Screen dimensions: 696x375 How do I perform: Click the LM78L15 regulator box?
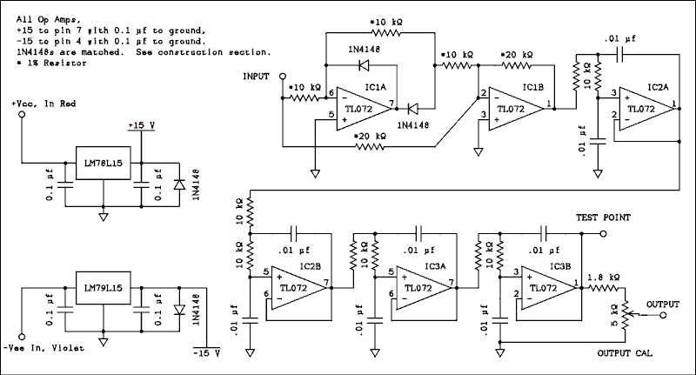[x=104, y=163]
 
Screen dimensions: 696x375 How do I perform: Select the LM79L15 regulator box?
[x=104, y=288]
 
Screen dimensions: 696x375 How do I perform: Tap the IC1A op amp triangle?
[x=364, y=109]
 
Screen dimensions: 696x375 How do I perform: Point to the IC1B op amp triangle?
[x=516, y=109]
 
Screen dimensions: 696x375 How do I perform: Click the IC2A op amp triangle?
[x=646, y=109]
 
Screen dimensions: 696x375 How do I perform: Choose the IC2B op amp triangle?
[x=299, y=288]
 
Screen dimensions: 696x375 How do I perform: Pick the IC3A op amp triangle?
[x=424, y=288]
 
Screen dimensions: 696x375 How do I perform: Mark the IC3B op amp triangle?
[x=549, y=288]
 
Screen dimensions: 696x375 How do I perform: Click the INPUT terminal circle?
[x=282, y=77]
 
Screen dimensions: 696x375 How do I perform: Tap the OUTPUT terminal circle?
[x=663, y=315]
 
